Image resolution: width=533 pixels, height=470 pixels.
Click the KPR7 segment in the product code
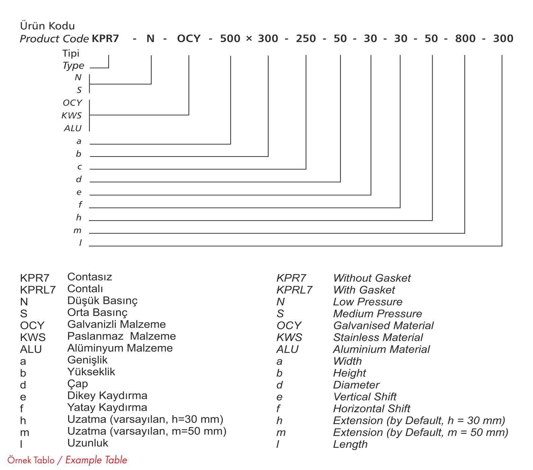[105, 39]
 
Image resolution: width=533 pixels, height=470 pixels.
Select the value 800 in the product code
[465, 39]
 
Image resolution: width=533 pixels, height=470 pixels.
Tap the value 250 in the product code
[306, 39]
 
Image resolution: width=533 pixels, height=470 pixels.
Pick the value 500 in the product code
[230, 39]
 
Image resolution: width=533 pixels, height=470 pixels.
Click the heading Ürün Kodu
[47, 26]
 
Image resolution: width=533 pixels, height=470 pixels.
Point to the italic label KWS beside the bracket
[71, 116]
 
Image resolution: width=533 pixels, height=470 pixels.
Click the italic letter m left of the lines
[78, 231]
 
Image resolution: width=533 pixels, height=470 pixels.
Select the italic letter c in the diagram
[80, 167]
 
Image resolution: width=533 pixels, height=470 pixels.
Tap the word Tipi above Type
[71, 53]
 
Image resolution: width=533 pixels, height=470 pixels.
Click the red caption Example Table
[96, 460]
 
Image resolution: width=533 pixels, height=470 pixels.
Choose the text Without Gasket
[372, 278]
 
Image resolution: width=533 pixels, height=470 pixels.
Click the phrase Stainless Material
[378, 337]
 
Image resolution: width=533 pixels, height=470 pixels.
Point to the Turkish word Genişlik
[87, 360]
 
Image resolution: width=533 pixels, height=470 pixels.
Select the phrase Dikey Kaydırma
[107, 396]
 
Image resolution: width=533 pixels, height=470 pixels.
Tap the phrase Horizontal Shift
[371, 409]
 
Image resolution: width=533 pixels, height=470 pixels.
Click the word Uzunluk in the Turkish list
[88, 443]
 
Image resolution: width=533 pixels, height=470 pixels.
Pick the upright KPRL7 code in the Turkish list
[38, 290]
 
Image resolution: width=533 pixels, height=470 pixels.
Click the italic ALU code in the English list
[287, 349]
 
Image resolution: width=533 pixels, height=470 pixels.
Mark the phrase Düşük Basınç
[102, 301]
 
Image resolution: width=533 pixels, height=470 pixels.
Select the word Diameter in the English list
[356, 385]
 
